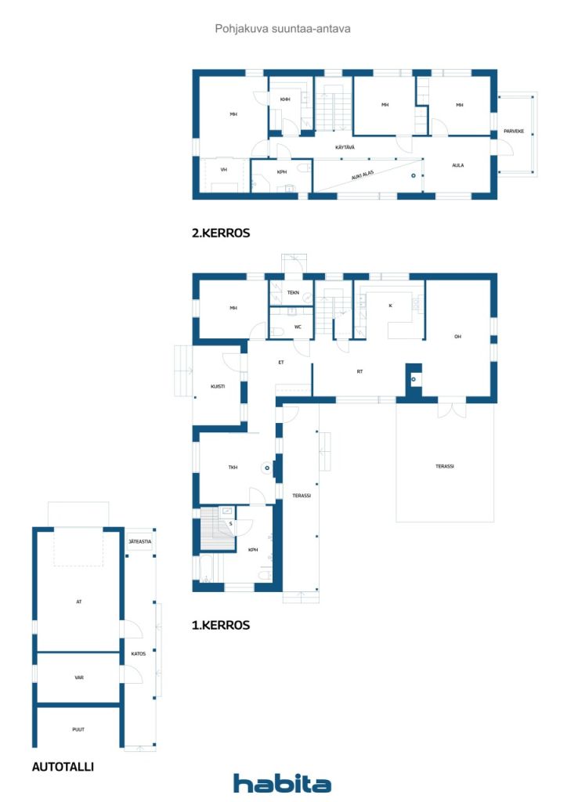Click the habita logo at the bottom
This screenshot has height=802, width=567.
[282, 783]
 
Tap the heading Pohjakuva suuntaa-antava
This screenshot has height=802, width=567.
[283, 29]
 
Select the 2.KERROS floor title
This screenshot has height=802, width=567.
[221, 233]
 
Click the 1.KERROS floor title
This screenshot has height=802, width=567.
[221, 625]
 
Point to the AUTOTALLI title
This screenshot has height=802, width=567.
[63, 767]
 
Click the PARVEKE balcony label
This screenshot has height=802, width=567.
[514, 131]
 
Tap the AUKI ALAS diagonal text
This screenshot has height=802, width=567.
[363, 175]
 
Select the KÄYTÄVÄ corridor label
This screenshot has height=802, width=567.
[345, 147]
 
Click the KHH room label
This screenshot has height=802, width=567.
[285, 99]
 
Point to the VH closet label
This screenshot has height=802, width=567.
[223, 170]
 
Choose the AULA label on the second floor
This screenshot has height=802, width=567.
[458, 165]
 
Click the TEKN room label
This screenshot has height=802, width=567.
[293, 293]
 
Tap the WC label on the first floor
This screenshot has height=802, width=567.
[298, 327]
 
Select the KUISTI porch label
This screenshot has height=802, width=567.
[218, 386]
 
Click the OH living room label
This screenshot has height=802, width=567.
[457, 337]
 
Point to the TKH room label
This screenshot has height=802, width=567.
[233, 467]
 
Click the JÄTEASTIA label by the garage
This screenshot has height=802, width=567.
[139, 541]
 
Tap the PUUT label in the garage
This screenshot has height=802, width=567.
[78, 729]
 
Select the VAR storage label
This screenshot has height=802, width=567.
[79, 677]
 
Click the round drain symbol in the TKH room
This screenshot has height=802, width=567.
[267, 468]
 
